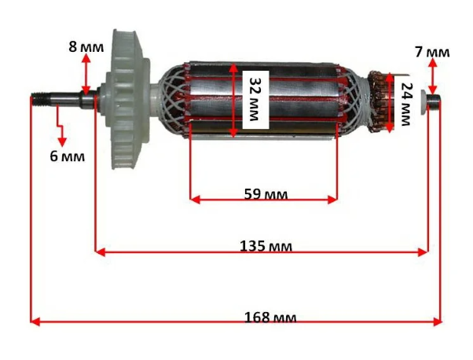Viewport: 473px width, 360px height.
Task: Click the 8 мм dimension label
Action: pos(86,47)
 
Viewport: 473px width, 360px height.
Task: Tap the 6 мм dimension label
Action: pos(67,156)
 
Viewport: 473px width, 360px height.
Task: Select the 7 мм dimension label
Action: pos(432,52)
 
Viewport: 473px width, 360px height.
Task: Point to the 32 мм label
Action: pos(255,99)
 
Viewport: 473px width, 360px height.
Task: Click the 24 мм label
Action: pos(405,104)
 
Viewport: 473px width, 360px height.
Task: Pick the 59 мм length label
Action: pos(266,194)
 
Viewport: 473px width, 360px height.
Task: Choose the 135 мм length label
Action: pos(266,246)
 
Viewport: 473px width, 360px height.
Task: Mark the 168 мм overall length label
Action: pos(270,318)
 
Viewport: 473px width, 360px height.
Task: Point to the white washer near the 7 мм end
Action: pos(424,102)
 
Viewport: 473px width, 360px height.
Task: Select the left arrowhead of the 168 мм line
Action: pos(35,321)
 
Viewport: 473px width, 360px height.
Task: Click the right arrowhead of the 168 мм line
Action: pos(438,321)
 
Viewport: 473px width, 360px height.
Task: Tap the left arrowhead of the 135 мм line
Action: pos(100,252)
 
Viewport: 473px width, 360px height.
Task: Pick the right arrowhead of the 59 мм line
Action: pos(332,200)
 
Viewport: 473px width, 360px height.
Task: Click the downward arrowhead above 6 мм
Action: pos(62,141)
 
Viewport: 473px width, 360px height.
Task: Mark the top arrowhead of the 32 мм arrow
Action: pos(233,68)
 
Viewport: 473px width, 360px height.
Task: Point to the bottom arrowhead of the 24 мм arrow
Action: pos(390,128)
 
